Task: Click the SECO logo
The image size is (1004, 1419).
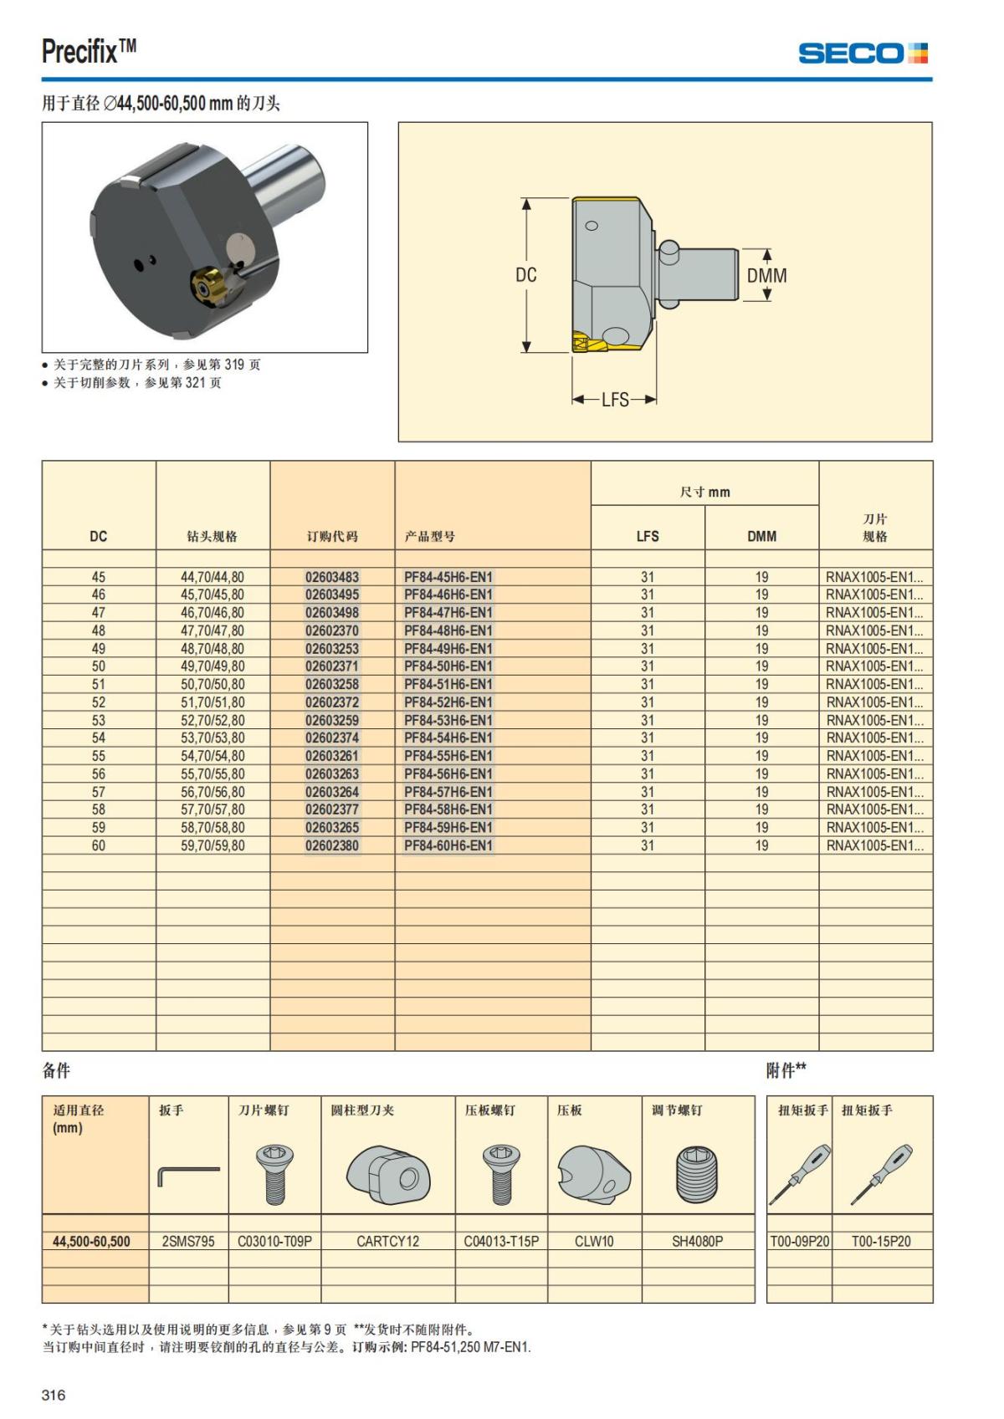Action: (x=863, y=54)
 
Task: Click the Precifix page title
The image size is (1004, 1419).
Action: (x=89, y=52)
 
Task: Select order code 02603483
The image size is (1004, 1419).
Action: (x=331, y=577)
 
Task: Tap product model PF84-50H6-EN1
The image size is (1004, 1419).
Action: (x=448, y=666)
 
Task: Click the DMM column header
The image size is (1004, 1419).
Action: (x=761, y=536)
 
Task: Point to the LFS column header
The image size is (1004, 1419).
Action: (x=648, y=536)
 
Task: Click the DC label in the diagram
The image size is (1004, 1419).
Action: (x=526, y=275)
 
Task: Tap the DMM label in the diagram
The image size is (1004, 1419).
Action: (x=766, y=275)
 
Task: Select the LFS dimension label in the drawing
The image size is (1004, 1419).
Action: (x=615, y=400)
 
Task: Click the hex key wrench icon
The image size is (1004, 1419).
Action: (x=188, y=1175)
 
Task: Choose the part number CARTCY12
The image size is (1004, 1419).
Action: (x=387, y=1242)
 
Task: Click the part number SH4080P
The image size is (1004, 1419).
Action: (x=697, y=1242)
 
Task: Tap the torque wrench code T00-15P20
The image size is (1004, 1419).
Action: (x=881, y=1242)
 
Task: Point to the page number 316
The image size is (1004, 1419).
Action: (x=54, y=1395)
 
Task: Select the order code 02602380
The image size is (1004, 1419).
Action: (x=331, y=845)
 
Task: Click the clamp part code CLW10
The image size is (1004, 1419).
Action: (x=594, y=1242)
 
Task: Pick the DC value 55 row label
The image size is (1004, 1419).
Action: (x=99, y=756)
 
